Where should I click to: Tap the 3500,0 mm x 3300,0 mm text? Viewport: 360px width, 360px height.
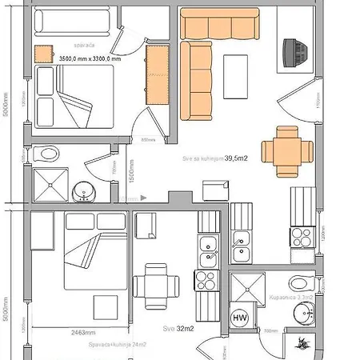[90, 59]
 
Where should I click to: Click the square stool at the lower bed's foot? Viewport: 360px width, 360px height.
[103, 307]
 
